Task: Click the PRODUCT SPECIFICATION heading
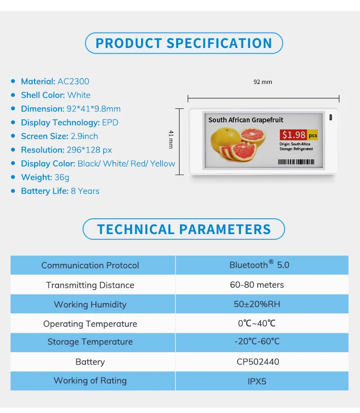(184, 43)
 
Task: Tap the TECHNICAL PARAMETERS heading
(184, 229)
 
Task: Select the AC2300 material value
(73, 82)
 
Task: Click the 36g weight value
(62, 177)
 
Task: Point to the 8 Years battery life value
(85, 191)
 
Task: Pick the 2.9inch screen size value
(84, 136)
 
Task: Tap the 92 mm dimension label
(263, 82)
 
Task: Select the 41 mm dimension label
(171, 139)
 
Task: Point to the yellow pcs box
(312, 136)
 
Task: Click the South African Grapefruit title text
(246, 120)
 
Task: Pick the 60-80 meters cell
(257, 285)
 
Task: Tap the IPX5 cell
(257, 382)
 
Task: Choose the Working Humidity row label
(90, 305)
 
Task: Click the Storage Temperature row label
(90, 342)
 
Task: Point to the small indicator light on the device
(330, 118)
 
